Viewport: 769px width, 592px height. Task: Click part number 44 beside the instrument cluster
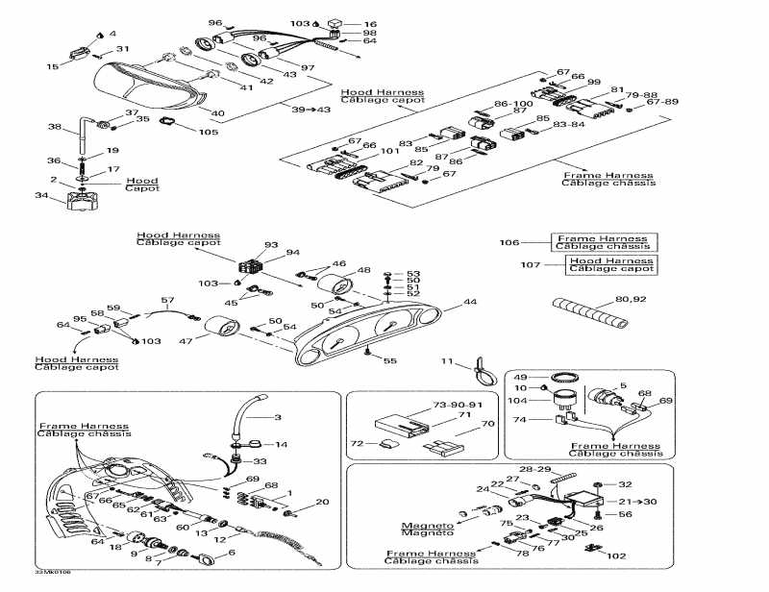pyautogui.click(x=469, y=302)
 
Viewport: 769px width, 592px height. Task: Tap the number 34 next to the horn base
pyautogui.click(x=40, y=196)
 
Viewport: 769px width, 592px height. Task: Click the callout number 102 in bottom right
pyautogui.click(x=615, y=555)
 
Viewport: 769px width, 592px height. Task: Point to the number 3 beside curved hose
pyautogui.click(x=279, y=417)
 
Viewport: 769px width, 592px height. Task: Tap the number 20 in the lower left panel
pyautogui.click(x=322, y=502)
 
